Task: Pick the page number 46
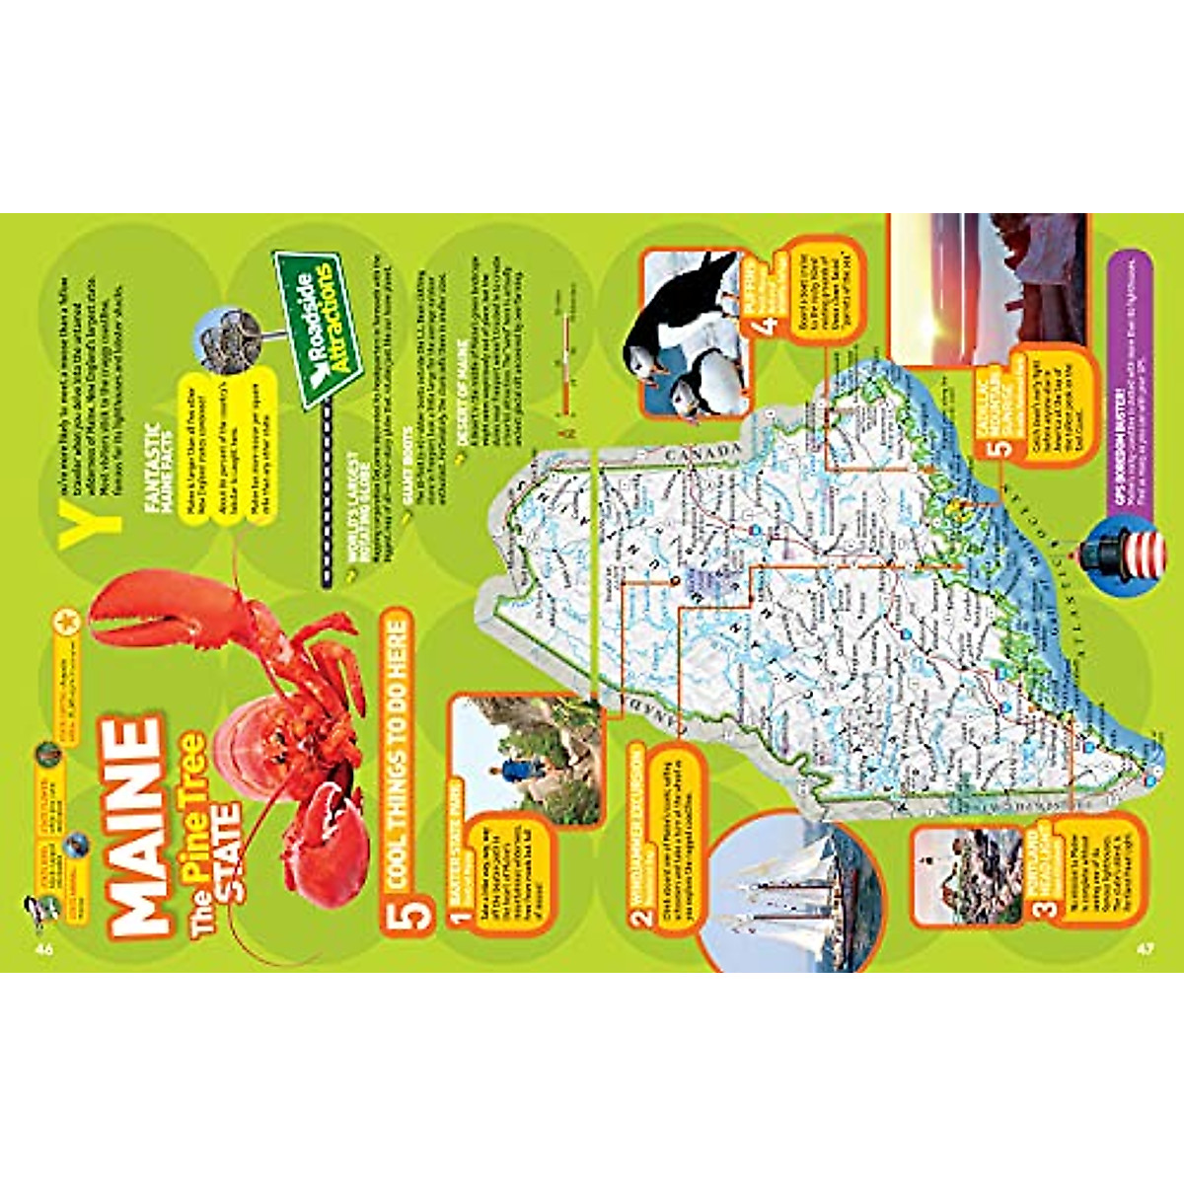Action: point(43,949)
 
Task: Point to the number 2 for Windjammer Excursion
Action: point(643,916)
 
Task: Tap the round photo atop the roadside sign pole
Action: point(229,335)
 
